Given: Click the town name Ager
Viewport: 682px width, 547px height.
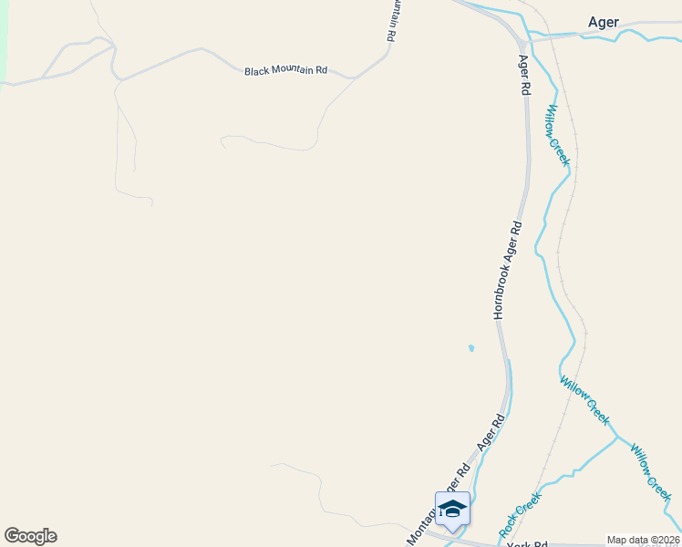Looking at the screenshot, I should [x=604, y=22].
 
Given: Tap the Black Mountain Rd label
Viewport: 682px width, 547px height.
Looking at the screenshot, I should [x=285, y=70].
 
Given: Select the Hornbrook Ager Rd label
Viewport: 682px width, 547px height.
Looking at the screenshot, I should [x=508, y=269].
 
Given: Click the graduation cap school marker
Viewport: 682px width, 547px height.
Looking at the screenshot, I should [x=452, y=510].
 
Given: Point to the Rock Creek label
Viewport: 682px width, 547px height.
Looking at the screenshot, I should [x=520, y=514].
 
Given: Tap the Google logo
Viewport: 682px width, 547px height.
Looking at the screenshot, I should [x=30, y=536].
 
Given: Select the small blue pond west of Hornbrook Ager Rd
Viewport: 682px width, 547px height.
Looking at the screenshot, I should [x=470, y=347].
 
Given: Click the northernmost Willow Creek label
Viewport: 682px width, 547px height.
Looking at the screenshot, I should [x=557, y=134].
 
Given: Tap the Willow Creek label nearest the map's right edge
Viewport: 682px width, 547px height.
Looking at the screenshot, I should [x=650, y=472].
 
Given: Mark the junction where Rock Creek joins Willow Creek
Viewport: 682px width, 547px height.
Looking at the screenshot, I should [x=615, y=438].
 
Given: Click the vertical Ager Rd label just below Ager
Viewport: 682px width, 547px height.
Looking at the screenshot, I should [x=524, y=76].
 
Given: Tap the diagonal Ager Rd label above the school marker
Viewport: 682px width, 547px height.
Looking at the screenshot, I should [x=491, y=434].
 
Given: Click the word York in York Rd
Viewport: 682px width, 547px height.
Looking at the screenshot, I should [x=520, y=544].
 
